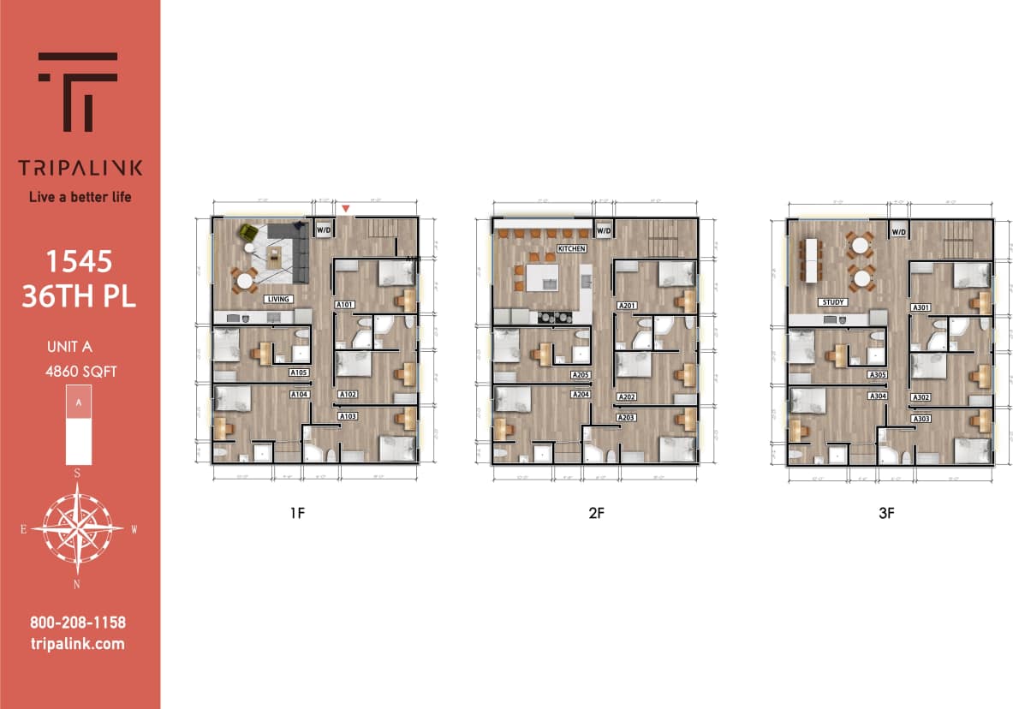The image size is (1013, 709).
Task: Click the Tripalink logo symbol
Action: pos(78,91)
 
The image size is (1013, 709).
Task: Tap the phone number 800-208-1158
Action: pos(78,623)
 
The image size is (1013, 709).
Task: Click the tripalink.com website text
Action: pos(78,644)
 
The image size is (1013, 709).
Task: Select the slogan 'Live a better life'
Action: pos(80,197)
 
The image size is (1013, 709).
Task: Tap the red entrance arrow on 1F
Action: pos(346,208)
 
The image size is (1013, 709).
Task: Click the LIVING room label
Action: pos(278,299)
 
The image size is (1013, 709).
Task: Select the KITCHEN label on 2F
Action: pos(571,248)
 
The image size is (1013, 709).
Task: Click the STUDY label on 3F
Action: pos(833,302)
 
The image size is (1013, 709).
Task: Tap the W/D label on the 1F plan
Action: pos(324,229)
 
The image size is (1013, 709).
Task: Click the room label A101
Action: pos(345,305)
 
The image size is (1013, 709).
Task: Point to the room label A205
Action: pos(581,375)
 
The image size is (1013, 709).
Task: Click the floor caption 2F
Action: pos(596,515)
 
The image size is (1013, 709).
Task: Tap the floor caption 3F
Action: pos(886,515)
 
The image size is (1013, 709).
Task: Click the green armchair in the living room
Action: pos(249,232)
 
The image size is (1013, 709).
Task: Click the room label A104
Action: pos(299,395)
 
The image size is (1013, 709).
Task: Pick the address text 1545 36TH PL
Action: pos(79,280)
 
